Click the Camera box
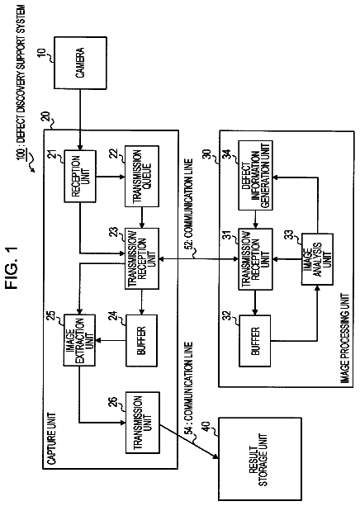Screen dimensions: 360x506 click(80, 63)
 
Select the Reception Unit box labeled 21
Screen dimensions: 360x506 click(80, 176)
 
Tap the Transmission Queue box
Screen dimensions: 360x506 click(142, 176)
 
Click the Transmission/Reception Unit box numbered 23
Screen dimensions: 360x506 click(142, 258)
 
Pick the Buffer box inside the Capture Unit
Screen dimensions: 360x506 click(141, 340)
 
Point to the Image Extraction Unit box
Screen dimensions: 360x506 click(79, 340)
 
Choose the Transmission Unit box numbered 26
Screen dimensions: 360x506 click(142, 423)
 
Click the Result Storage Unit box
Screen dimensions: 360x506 click(260, 459)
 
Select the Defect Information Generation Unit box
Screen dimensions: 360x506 click(255, 176)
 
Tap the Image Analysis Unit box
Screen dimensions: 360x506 click(317, 259)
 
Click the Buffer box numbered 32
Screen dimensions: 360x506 click(255, 341)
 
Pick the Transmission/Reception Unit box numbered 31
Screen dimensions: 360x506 click(255, 259)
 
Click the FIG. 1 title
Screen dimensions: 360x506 click(12, 268)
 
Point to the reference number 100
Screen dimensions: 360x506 click(21, 153)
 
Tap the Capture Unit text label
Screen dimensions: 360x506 click(52, 438)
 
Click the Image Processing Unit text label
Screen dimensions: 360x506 click(345, 338)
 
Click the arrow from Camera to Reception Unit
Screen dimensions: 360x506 click(80, 120)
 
